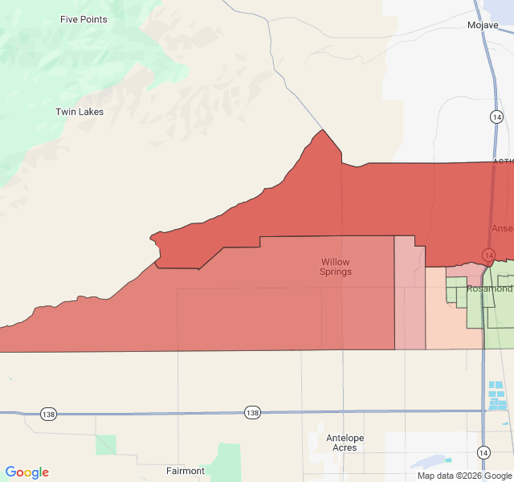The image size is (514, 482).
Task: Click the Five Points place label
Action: (84, 19)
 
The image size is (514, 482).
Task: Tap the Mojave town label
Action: (483, 25)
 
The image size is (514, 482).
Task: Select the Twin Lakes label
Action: (80, 112)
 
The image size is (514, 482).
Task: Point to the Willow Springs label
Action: (336, 267)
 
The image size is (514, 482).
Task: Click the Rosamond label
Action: (490, 288)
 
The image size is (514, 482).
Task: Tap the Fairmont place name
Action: (185, 471)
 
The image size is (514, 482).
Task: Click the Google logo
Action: (27, 472)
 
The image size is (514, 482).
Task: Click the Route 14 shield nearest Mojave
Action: (497, 117)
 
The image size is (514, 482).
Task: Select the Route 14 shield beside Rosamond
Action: (488, 255)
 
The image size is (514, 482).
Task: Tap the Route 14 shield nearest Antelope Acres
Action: (484, 451)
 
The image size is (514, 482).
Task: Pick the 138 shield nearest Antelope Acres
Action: (253, 412)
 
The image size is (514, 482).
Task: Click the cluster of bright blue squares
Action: (498, 395)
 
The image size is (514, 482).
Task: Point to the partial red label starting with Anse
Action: (502, 228)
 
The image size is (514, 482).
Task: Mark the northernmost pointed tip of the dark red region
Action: (323, 130)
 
